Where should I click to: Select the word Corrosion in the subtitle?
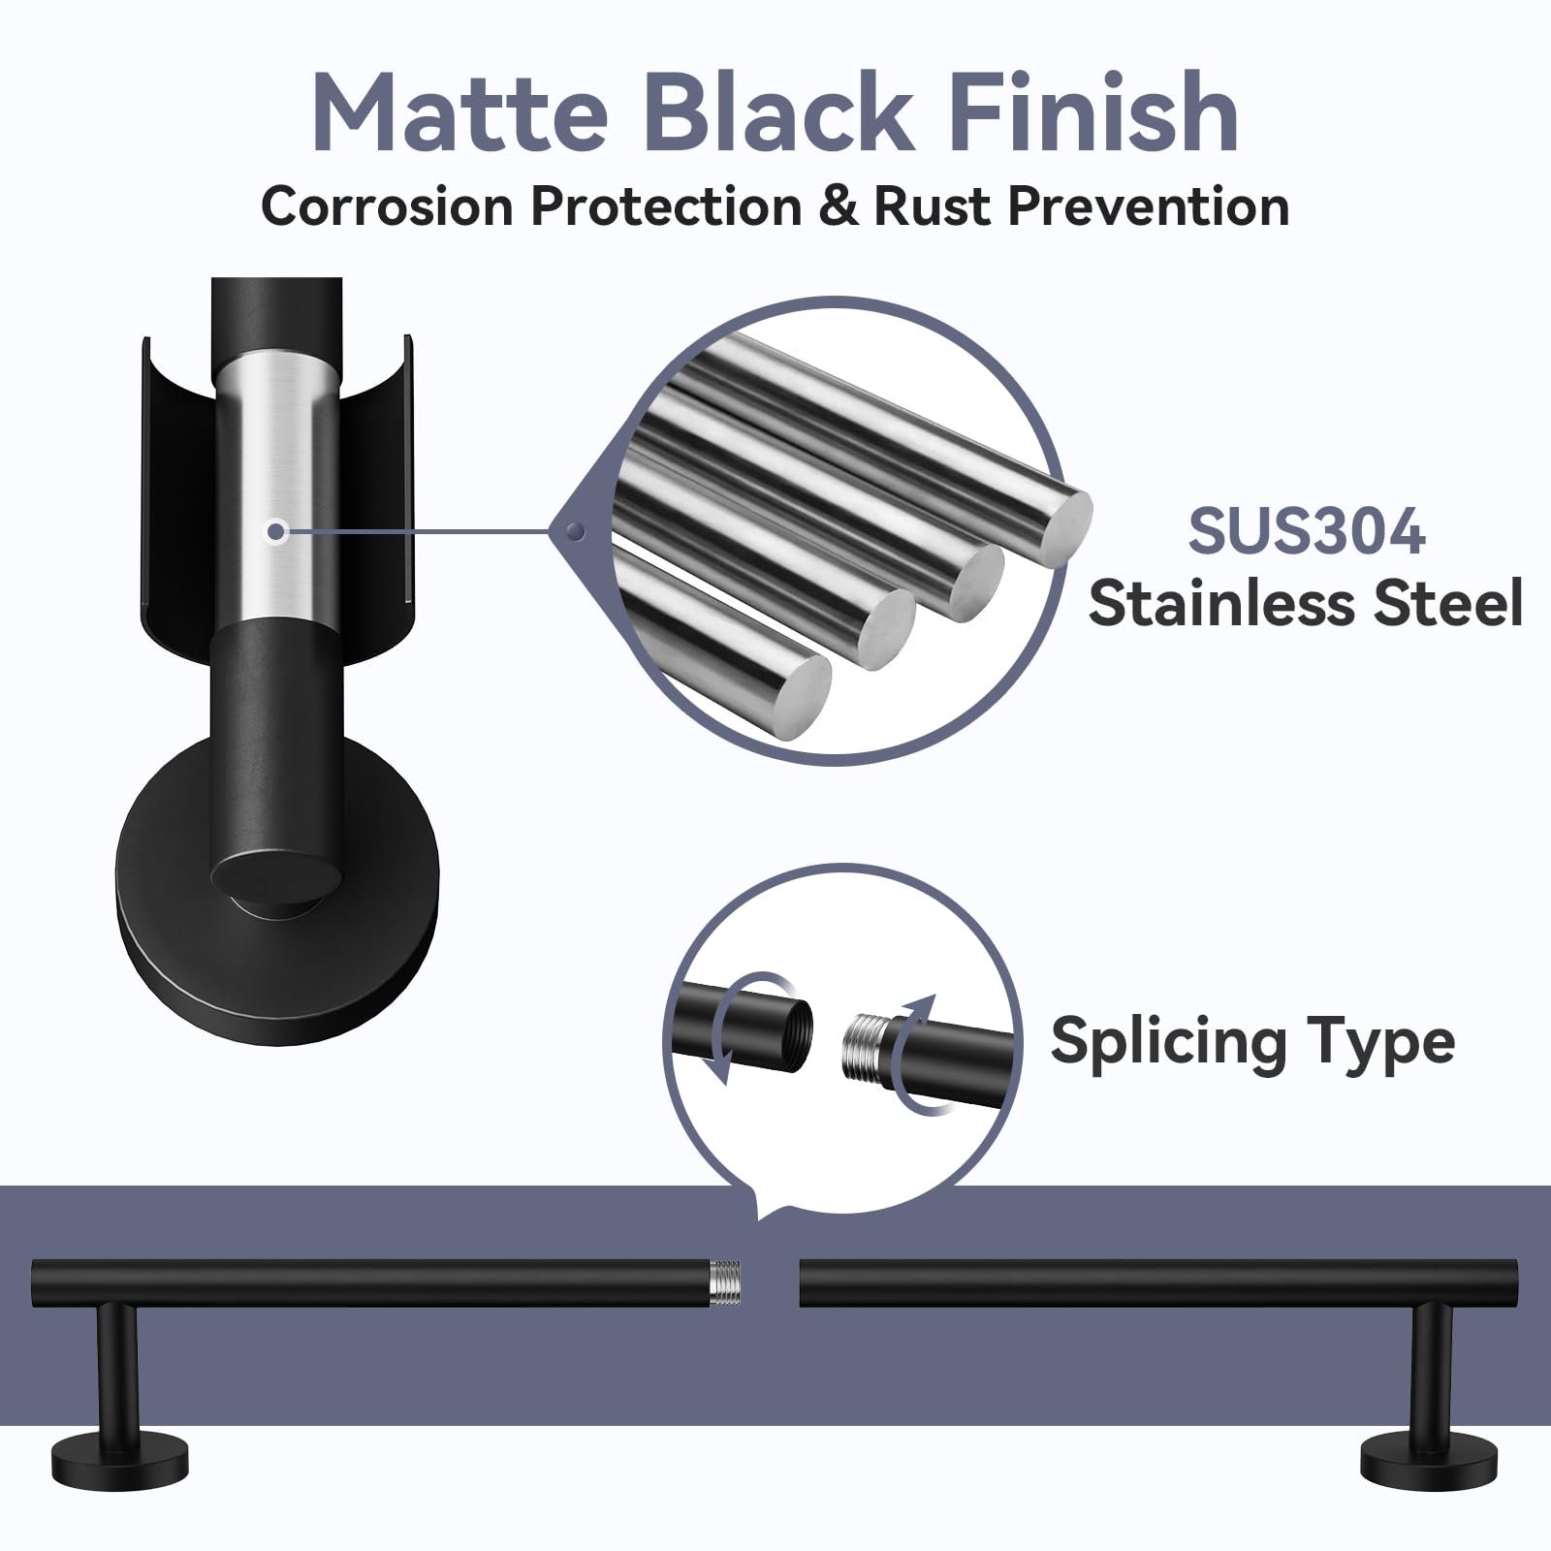point(386,206)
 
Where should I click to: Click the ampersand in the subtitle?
point(839,206)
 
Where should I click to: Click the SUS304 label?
point(1306,531)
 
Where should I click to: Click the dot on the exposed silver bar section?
point(277,531)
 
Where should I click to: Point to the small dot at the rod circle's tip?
point(576,531)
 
